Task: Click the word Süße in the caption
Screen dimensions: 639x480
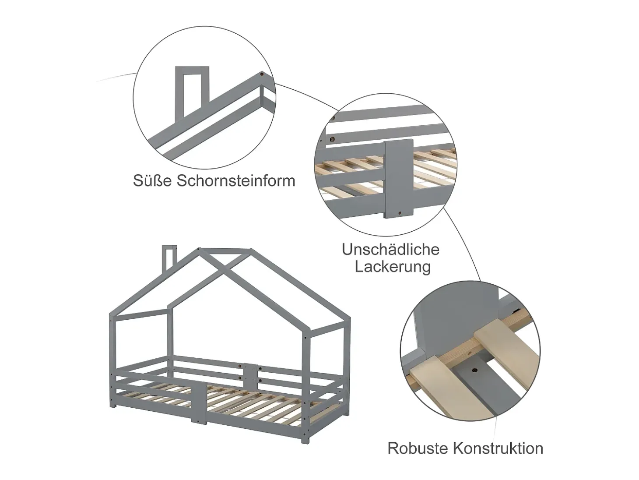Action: [x=153, y=180]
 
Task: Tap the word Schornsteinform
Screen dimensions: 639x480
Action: [x=236, y=180]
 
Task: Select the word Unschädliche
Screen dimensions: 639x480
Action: [x=390, y=249]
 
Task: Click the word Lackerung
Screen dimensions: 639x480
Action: [x=393, y=268]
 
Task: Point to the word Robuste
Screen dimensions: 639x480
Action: [x=418, y=448]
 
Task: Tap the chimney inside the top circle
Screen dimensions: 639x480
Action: [x=192, y=92]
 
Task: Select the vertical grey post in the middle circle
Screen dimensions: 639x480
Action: [x=399, y=179]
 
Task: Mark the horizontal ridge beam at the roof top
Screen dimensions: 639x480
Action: [x=225, y=250]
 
